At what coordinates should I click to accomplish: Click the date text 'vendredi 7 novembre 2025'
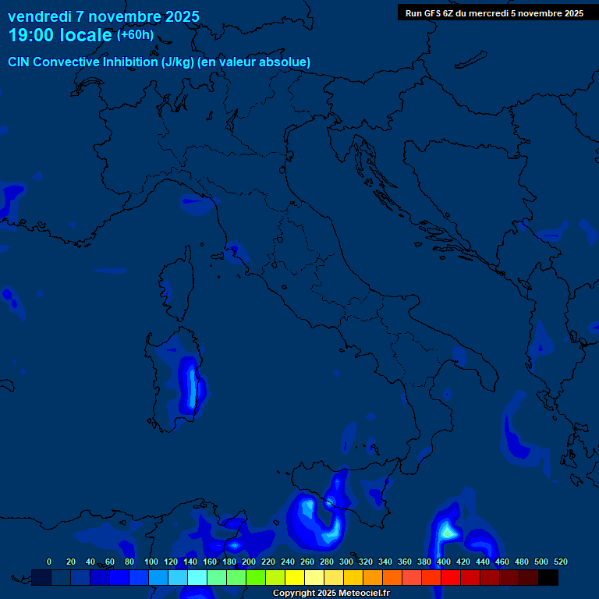click(x=104, y=16)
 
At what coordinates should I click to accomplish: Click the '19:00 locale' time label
click(x=60, y=35)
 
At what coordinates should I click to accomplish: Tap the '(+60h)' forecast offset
click(x=135, y=35)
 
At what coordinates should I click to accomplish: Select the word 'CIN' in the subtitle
click(x=19, y=62)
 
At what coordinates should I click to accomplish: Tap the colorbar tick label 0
click(x=49, y=562)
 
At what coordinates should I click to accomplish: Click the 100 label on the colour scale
click(x=151, y=562)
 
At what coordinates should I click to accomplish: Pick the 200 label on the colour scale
click(x=249, y=562)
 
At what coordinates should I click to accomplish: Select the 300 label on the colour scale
click(x=346, y=562)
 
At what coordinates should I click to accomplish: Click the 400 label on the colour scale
click(x=444, y=562)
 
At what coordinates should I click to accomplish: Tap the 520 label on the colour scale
click(x=560, y=562)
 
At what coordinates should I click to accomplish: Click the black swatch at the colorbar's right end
click(x=548, y=577)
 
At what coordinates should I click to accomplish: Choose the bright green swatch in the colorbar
click(x=256, y=577)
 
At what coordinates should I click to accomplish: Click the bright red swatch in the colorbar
click(x=451, y=577)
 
